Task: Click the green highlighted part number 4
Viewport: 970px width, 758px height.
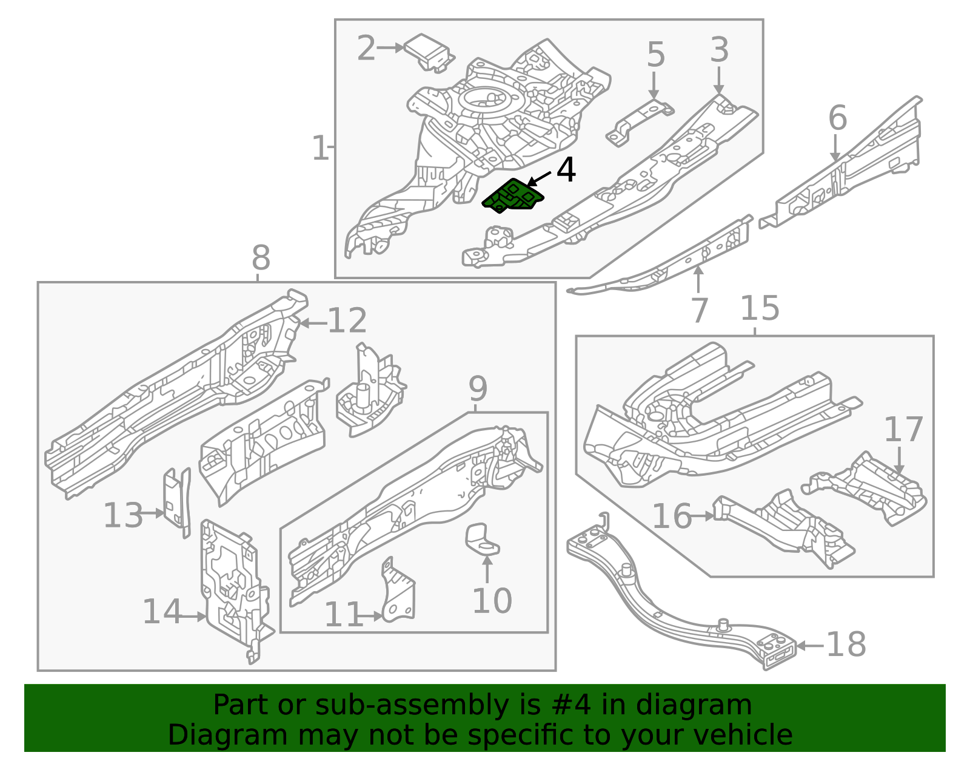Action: [x=513, y=197]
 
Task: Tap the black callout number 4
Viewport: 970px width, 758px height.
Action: [x=566, y=171]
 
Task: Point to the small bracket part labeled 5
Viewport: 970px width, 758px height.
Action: [x=640, y=122]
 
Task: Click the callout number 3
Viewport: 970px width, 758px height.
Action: [x=719, y=50]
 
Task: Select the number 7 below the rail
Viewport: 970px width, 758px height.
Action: [x=699, y=310]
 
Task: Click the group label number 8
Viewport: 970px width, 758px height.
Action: [x=261, y=258]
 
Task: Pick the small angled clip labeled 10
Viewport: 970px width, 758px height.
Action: [x=482, y=539]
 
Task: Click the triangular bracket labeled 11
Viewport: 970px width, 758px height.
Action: [x=399, y=592]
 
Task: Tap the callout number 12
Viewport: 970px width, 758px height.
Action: [x=347, y=321]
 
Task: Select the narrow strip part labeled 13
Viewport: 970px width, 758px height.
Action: [x=176, y=501]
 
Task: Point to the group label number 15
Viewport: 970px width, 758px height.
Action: [x=760, y=308]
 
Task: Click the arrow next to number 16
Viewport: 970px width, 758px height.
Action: [x=703, y=516]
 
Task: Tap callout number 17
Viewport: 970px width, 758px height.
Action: [x=903, y=430]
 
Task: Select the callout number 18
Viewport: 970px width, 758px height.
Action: [x=846, y=645]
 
